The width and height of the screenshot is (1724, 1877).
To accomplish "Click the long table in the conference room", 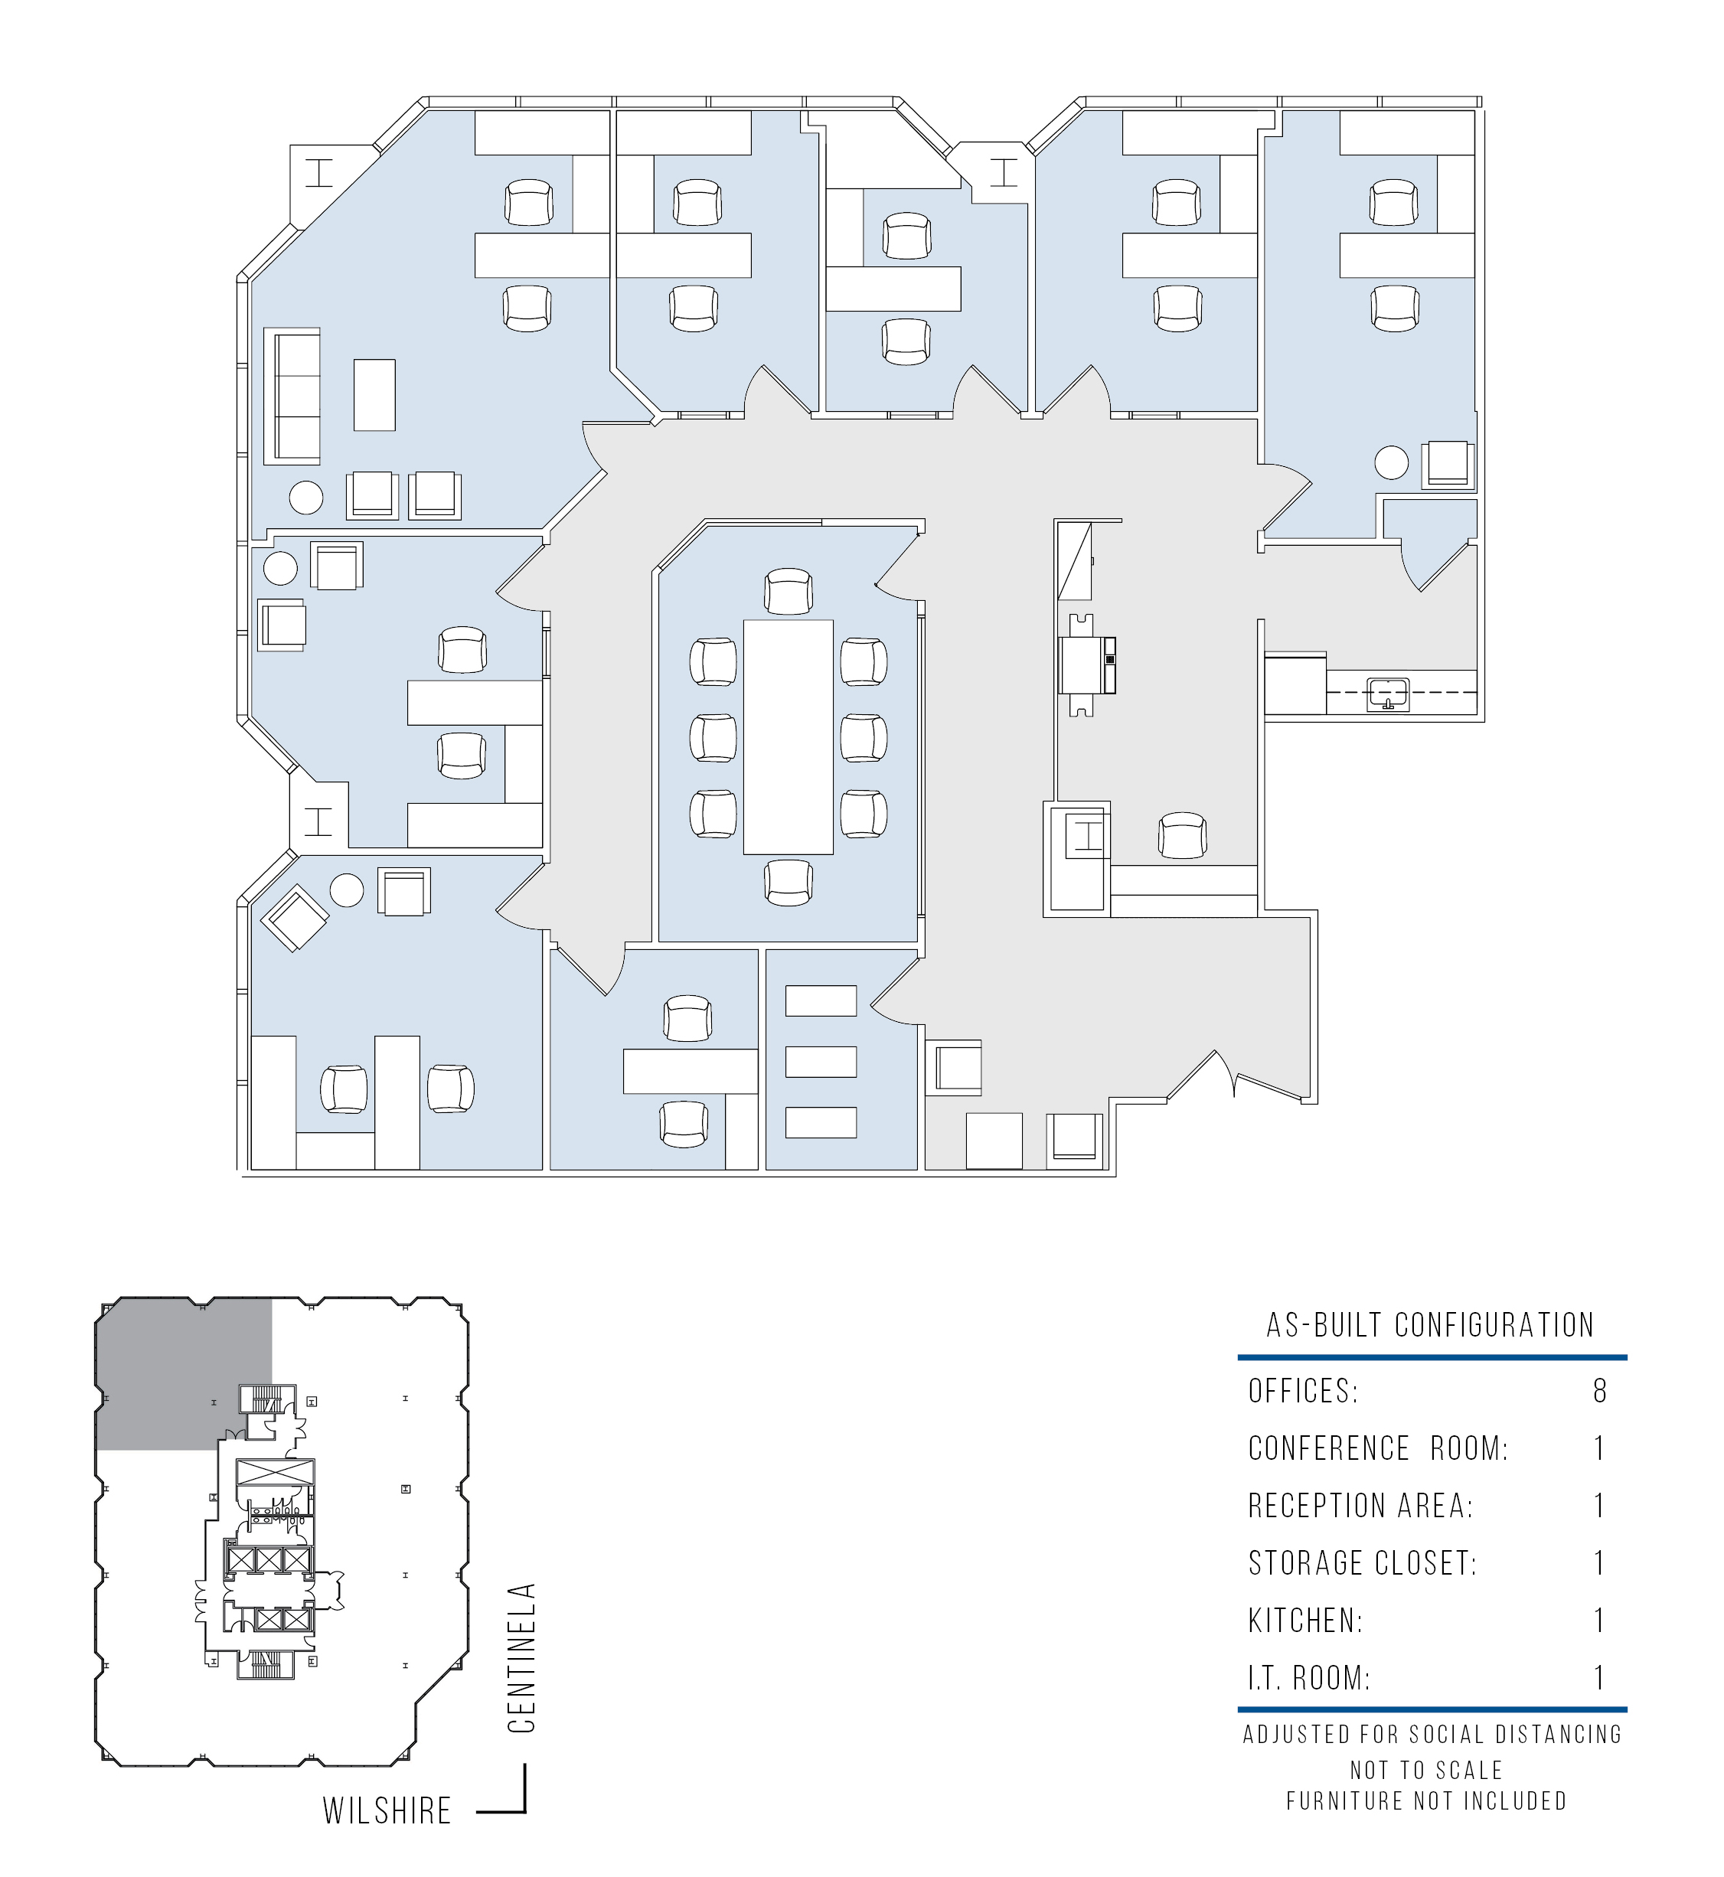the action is [789, 736].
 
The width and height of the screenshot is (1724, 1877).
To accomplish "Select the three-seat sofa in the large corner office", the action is [292, 396].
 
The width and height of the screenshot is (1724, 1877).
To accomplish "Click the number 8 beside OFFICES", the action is [1600, 1391].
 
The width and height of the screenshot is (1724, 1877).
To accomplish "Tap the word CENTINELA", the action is [522, 1658].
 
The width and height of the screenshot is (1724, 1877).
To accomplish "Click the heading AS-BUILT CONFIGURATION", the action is [1430, 1325].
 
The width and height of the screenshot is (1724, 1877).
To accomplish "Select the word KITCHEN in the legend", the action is [1305, 1621].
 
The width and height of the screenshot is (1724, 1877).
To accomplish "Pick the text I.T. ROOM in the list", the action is [1309, 1677].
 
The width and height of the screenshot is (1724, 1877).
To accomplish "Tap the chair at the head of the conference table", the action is [789, 592].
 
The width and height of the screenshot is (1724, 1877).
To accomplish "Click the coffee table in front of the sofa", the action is [374, 395].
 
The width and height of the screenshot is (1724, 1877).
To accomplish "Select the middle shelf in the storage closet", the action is [821, 1062].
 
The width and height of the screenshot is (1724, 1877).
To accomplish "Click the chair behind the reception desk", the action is [1182, 835].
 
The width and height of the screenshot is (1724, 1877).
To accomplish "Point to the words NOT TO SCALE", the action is [1426, 1770].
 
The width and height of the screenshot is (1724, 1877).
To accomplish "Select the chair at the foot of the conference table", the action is [789, 882].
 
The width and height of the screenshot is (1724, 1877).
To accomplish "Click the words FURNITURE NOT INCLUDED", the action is [1426, 1800].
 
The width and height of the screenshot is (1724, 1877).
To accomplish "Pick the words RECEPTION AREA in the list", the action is [1360, 1506].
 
